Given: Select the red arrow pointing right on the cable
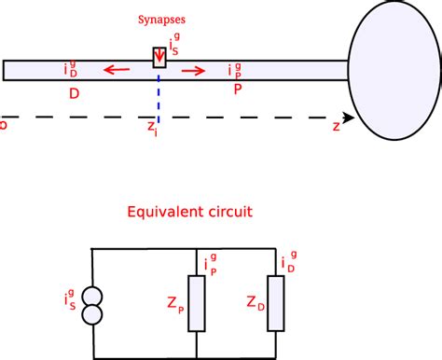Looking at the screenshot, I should tap(195, 69).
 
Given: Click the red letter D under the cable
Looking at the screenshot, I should tap(72, 94).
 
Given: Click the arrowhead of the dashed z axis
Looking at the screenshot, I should tap(349, 118).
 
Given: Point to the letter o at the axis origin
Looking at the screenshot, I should tap(4, 121).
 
